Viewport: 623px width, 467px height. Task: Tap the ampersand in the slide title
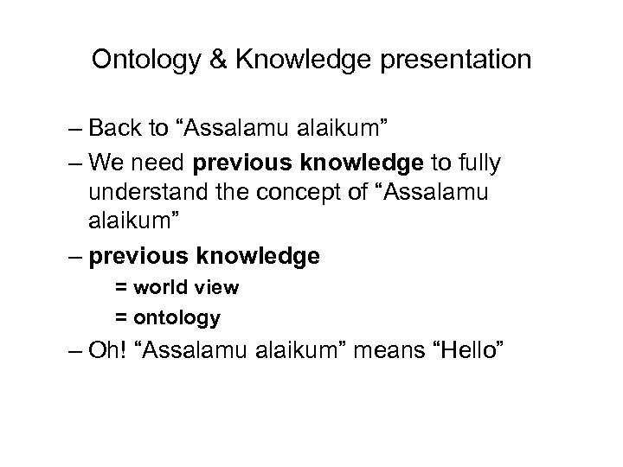tap(213, 61)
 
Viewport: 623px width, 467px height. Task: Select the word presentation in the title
tap(457, 61)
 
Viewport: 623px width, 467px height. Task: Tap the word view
tap(212, 288)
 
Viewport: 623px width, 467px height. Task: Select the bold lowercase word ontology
tap(178, 318)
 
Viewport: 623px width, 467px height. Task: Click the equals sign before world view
tap(120, 288)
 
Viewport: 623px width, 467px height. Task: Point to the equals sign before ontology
tap(120, 318)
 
